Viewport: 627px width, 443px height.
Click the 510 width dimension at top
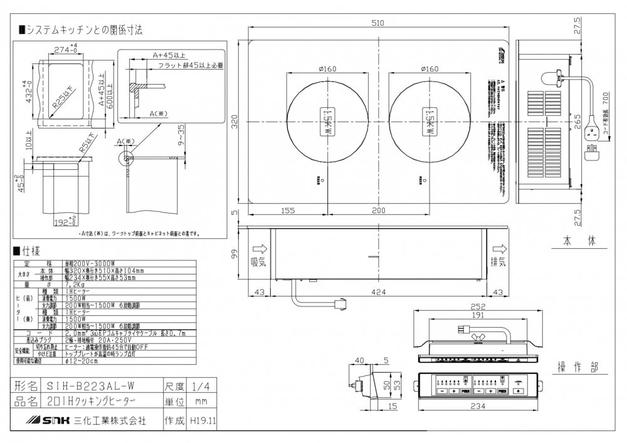377,23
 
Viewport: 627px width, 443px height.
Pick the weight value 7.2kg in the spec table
75,284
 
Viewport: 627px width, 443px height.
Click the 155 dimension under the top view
287,211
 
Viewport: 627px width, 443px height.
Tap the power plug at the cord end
591,150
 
